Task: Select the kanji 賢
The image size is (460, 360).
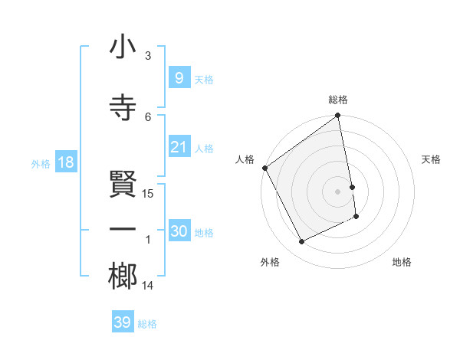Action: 123,185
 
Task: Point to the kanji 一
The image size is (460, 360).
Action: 123,230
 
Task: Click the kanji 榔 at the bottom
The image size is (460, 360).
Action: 123,277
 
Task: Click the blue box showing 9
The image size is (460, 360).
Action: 179,77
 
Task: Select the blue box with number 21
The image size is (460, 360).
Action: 179,147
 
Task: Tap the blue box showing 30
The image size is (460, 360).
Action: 179,231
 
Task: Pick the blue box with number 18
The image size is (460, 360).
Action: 65,162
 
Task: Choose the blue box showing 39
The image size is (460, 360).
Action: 123,322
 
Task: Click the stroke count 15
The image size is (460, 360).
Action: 148,193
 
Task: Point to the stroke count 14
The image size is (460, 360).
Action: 148,286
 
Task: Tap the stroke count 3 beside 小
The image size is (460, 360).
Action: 148,56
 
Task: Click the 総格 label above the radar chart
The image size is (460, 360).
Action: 338,100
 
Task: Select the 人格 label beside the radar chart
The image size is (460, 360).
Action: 245,159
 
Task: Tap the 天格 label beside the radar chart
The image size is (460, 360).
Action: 432,159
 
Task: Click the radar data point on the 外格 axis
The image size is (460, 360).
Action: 302,242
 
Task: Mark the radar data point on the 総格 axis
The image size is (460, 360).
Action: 338,116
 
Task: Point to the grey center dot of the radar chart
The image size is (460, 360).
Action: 338,191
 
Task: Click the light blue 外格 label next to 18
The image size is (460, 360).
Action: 41,163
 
